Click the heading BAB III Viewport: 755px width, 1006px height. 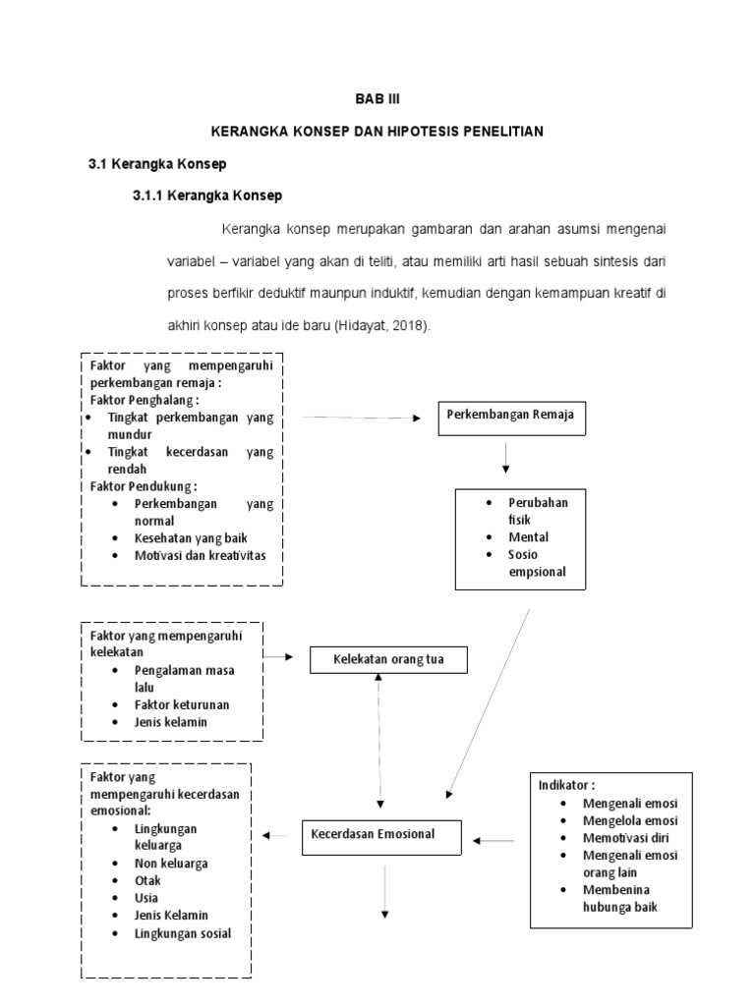coord(377,100)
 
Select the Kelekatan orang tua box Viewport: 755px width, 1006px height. coord(388,659)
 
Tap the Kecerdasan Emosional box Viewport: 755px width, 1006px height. coord(379,834)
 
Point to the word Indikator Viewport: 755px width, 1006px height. coord(565,785)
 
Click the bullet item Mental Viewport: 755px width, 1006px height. coord(528,537)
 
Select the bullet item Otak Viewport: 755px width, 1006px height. coord(147,880)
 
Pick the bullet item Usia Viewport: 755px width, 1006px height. coord(147,897)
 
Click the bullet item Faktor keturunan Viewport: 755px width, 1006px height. coord(182,704)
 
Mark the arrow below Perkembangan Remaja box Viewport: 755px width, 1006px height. coord(505,457)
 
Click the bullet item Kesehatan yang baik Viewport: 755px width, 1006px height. coord(191,538)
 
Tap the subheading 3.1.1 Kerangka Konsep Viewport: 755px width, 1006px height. coord(207,196)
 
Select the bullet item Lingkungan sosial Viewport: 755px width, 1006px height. coord(183,932)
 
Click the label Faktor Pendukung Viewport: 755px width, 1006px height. coord(144,485)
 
